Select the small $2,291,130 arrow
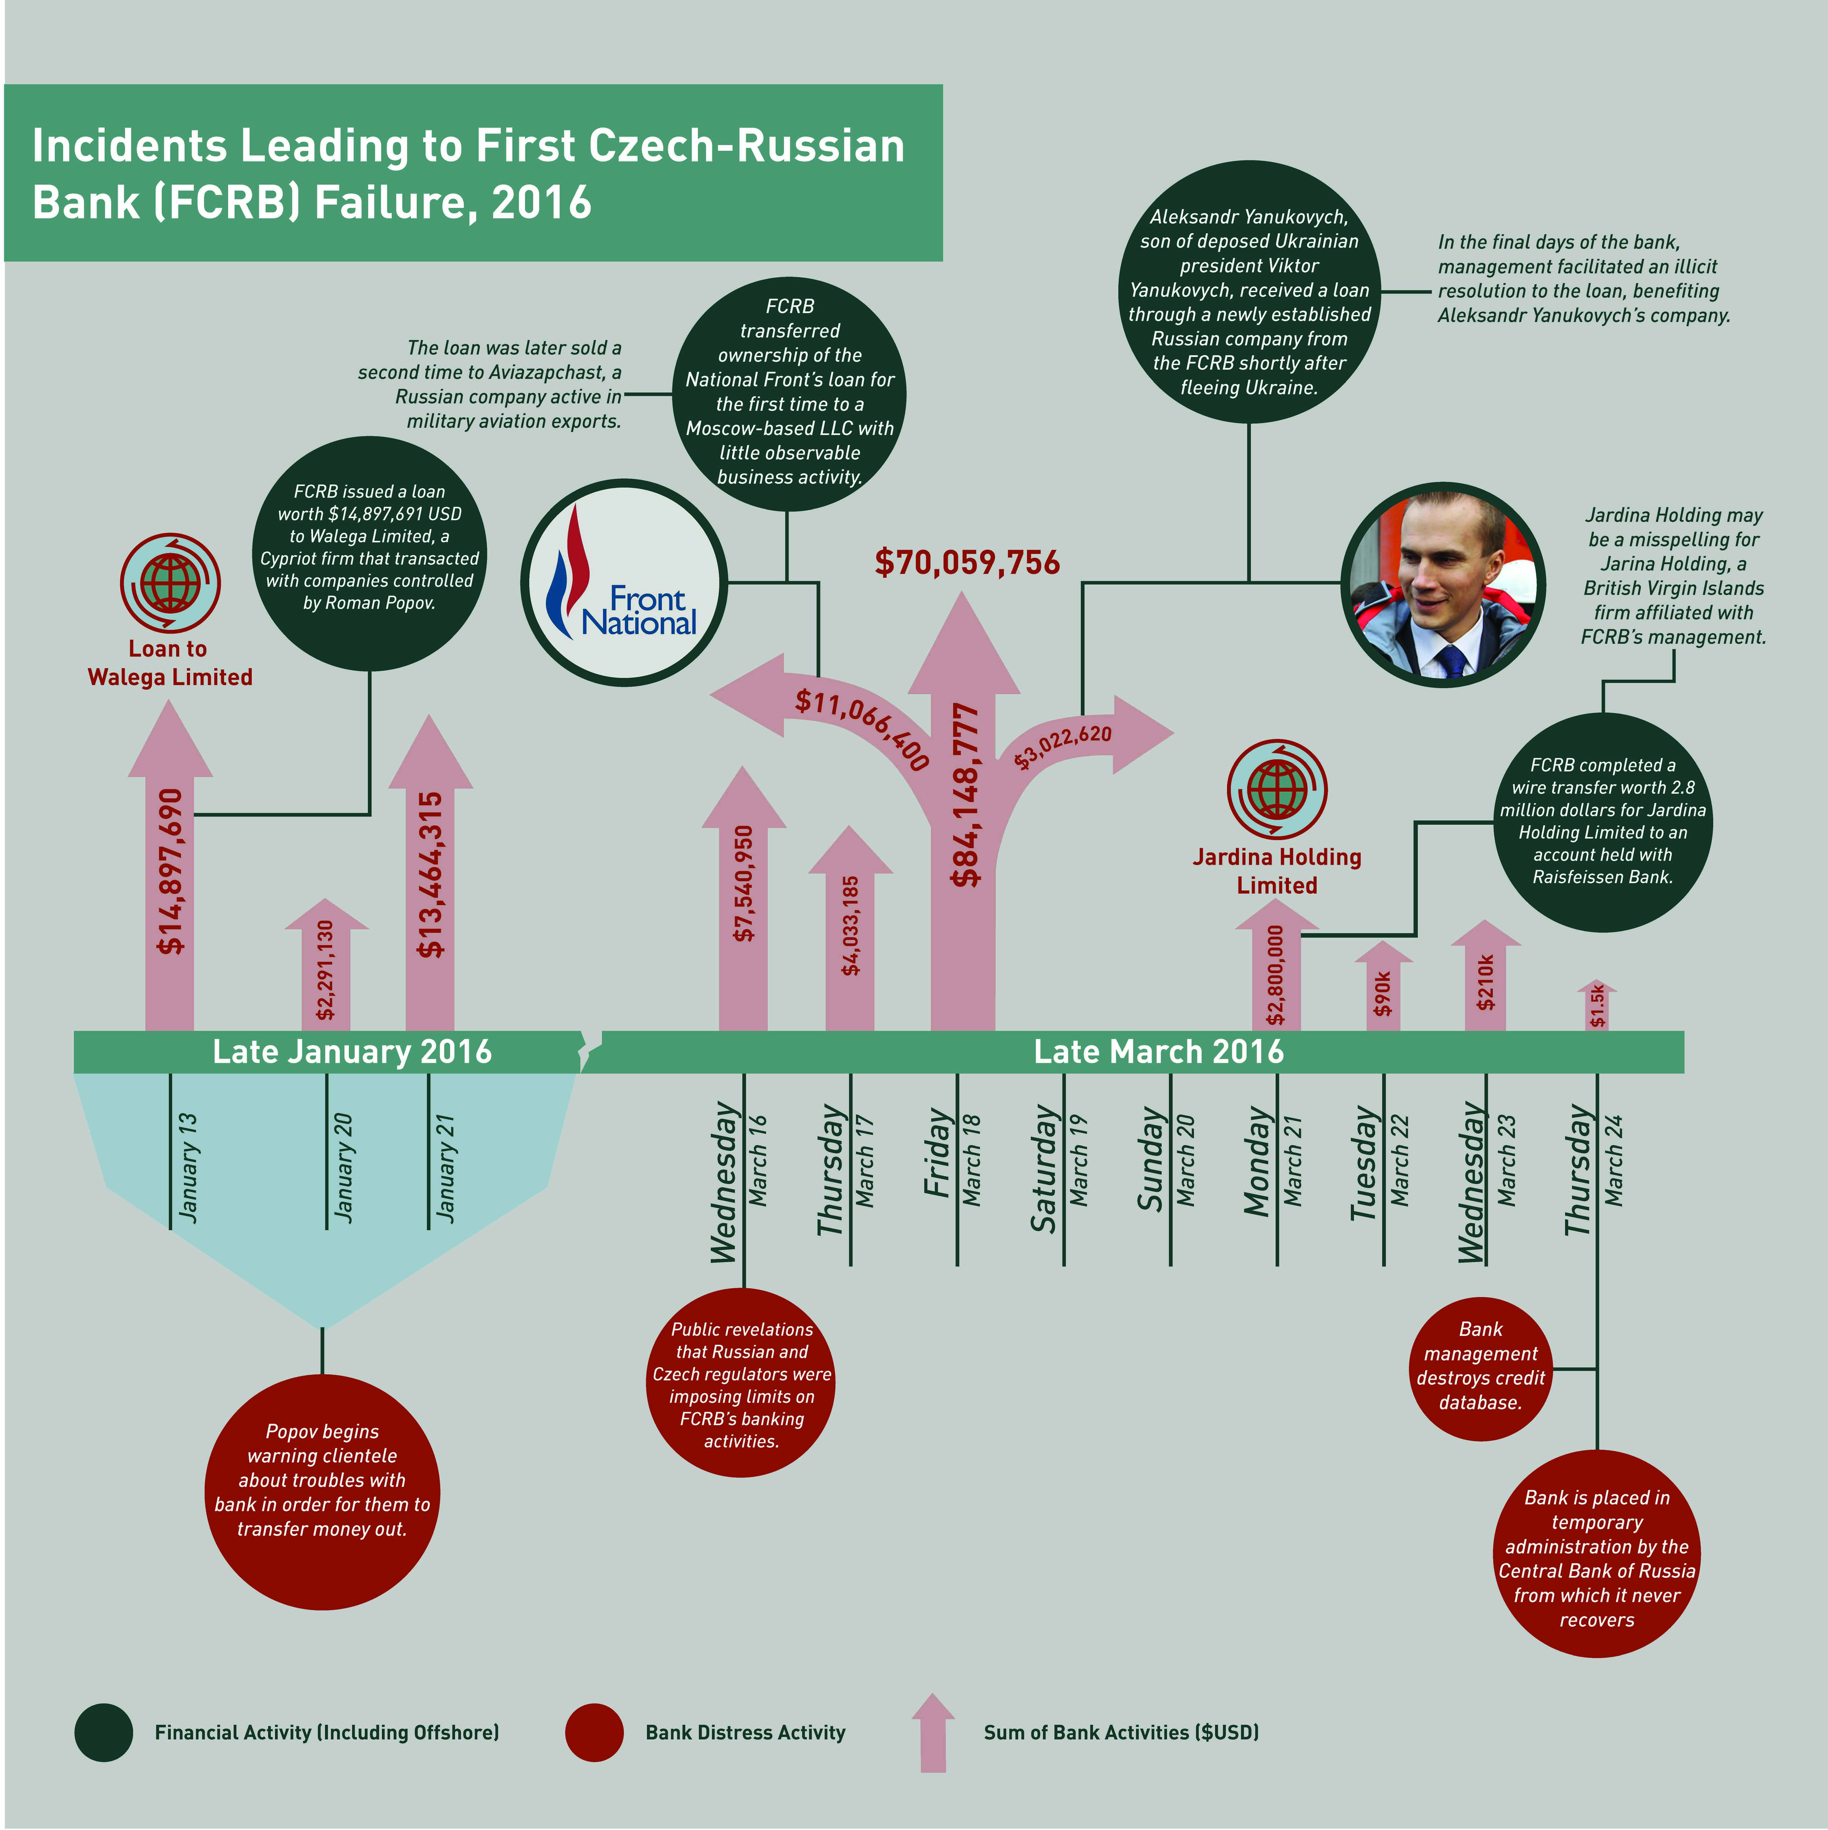(x=326, y=964)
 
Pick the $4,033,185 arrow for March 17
(x=850, y=928)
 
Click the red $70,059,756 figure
(x=967, y=563)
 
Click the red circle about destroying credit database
(x=1480, y=1369)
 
